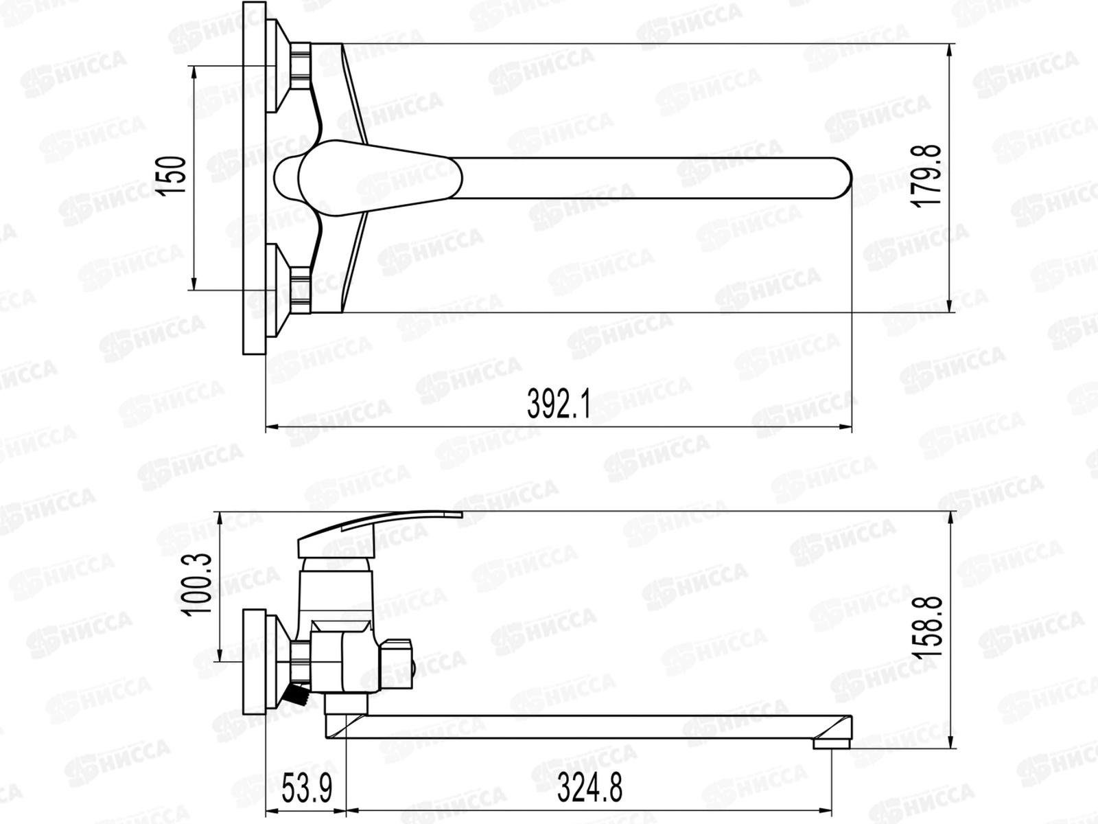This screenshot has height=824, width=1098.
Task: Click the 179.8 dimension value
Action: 927,176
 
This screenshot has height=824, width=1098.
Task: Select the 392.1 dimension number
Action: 558,404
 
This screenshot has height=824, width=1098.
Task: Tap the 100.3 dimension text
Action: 198,585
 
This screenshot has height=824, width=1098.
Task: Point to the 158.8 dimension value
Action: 929,626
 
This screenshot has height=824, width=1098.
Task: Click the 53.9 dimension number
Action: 307,788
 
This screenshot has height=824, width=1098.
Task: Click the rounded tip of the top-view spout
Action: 845,179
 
